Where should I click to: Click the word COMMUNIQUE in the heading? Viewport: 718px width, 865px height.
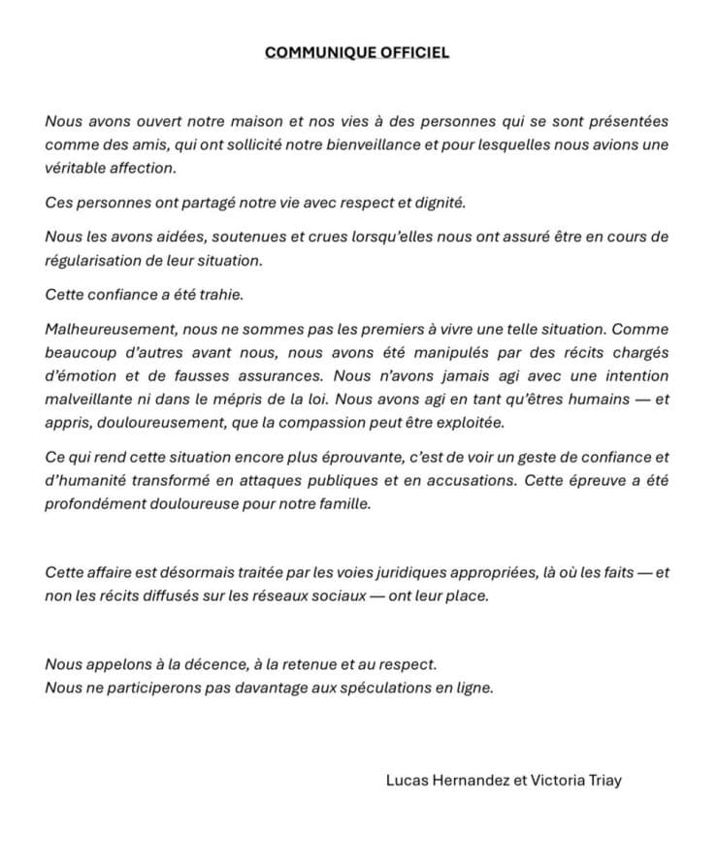coord(312,52)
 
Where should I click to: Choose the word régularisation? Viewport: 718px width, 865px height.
coord(90,262)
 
